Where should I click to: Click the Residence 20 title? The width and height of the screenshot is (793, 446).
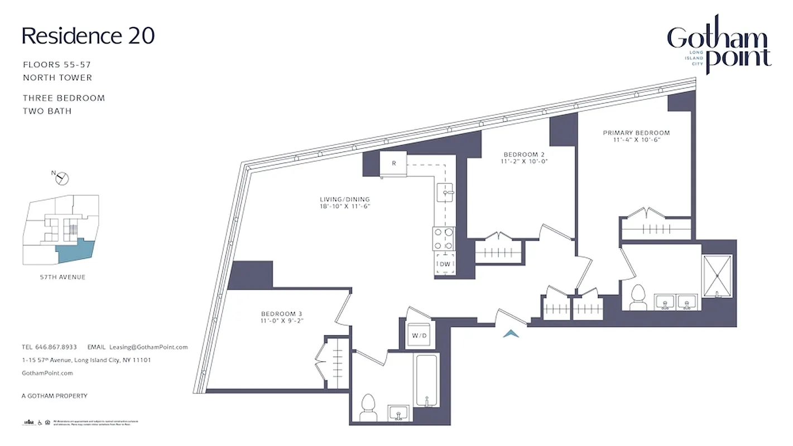pyautogui.click(x=88, y=36)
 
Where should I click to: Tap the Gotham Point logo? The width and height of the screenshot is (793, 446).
pyautogui.click(x=719, y=47)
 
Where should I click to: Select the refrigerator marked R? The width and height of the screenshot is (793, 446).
pyautogui.click(x=393, y=163)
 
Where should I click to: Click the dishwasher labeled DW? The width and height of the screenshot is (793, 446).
pyautogui.click(x=445, y=264)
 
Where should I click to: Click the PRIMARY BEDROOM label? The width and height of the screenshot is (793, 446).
pyautogui.click(x=636, y=136)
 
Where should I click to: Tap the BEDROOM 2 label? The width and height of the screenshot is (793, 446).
pyautogui.click(x=523, y=158)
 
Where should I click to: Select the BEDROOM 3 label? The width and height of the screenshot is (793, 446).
pyautogui.click(x=281, y=317)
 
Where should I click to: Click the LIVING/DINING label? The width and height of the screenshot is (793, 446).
pyautogui.click(x=345, y=202)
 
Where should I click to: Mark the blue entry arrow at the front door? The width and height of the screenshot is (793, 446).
pyautogui.click(x=511, y=333)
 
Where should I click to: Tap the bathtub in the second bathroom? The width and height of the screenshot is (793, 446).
pyautogui.click(x=427, y=381)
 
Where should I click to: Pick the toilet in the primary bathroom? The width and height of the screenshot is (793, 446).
pyautogui.click(x=637, y=298)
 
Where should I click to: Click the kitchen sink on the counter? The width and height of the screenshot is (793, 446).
pyautogui.click(x=446, y=193)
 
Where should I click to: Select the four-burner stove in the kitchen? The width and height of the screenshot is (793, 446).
pyautogui.click(x=444, y=238)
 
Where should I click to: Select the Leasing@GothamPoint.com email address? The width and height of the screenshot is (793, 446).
pyautogui.click(x=148, y=347)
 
